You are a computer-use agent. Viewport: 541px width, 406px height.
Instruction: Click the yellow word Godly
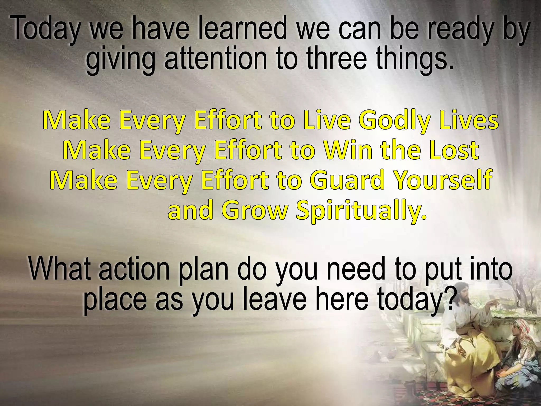coord(395,121)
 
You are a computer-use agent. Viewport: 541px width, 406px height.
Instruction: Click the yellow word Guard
coord(347,180)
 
